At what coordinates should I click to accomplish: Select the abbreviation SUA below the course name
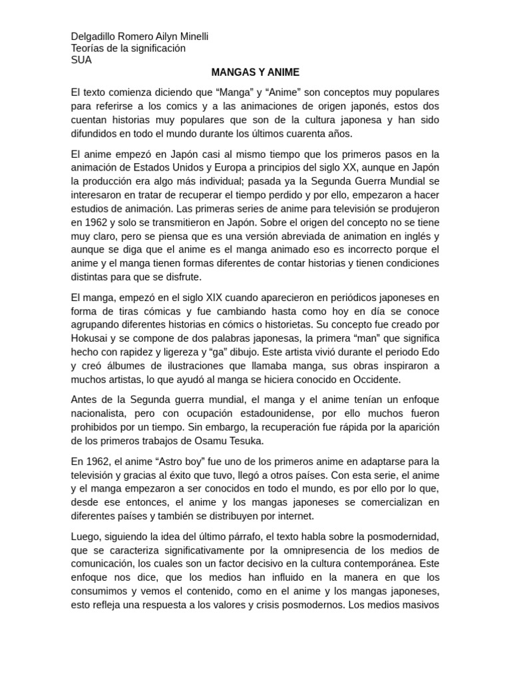tap(81, 60)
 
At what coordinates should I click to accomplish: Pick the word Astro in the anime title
tap(188, 462)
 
